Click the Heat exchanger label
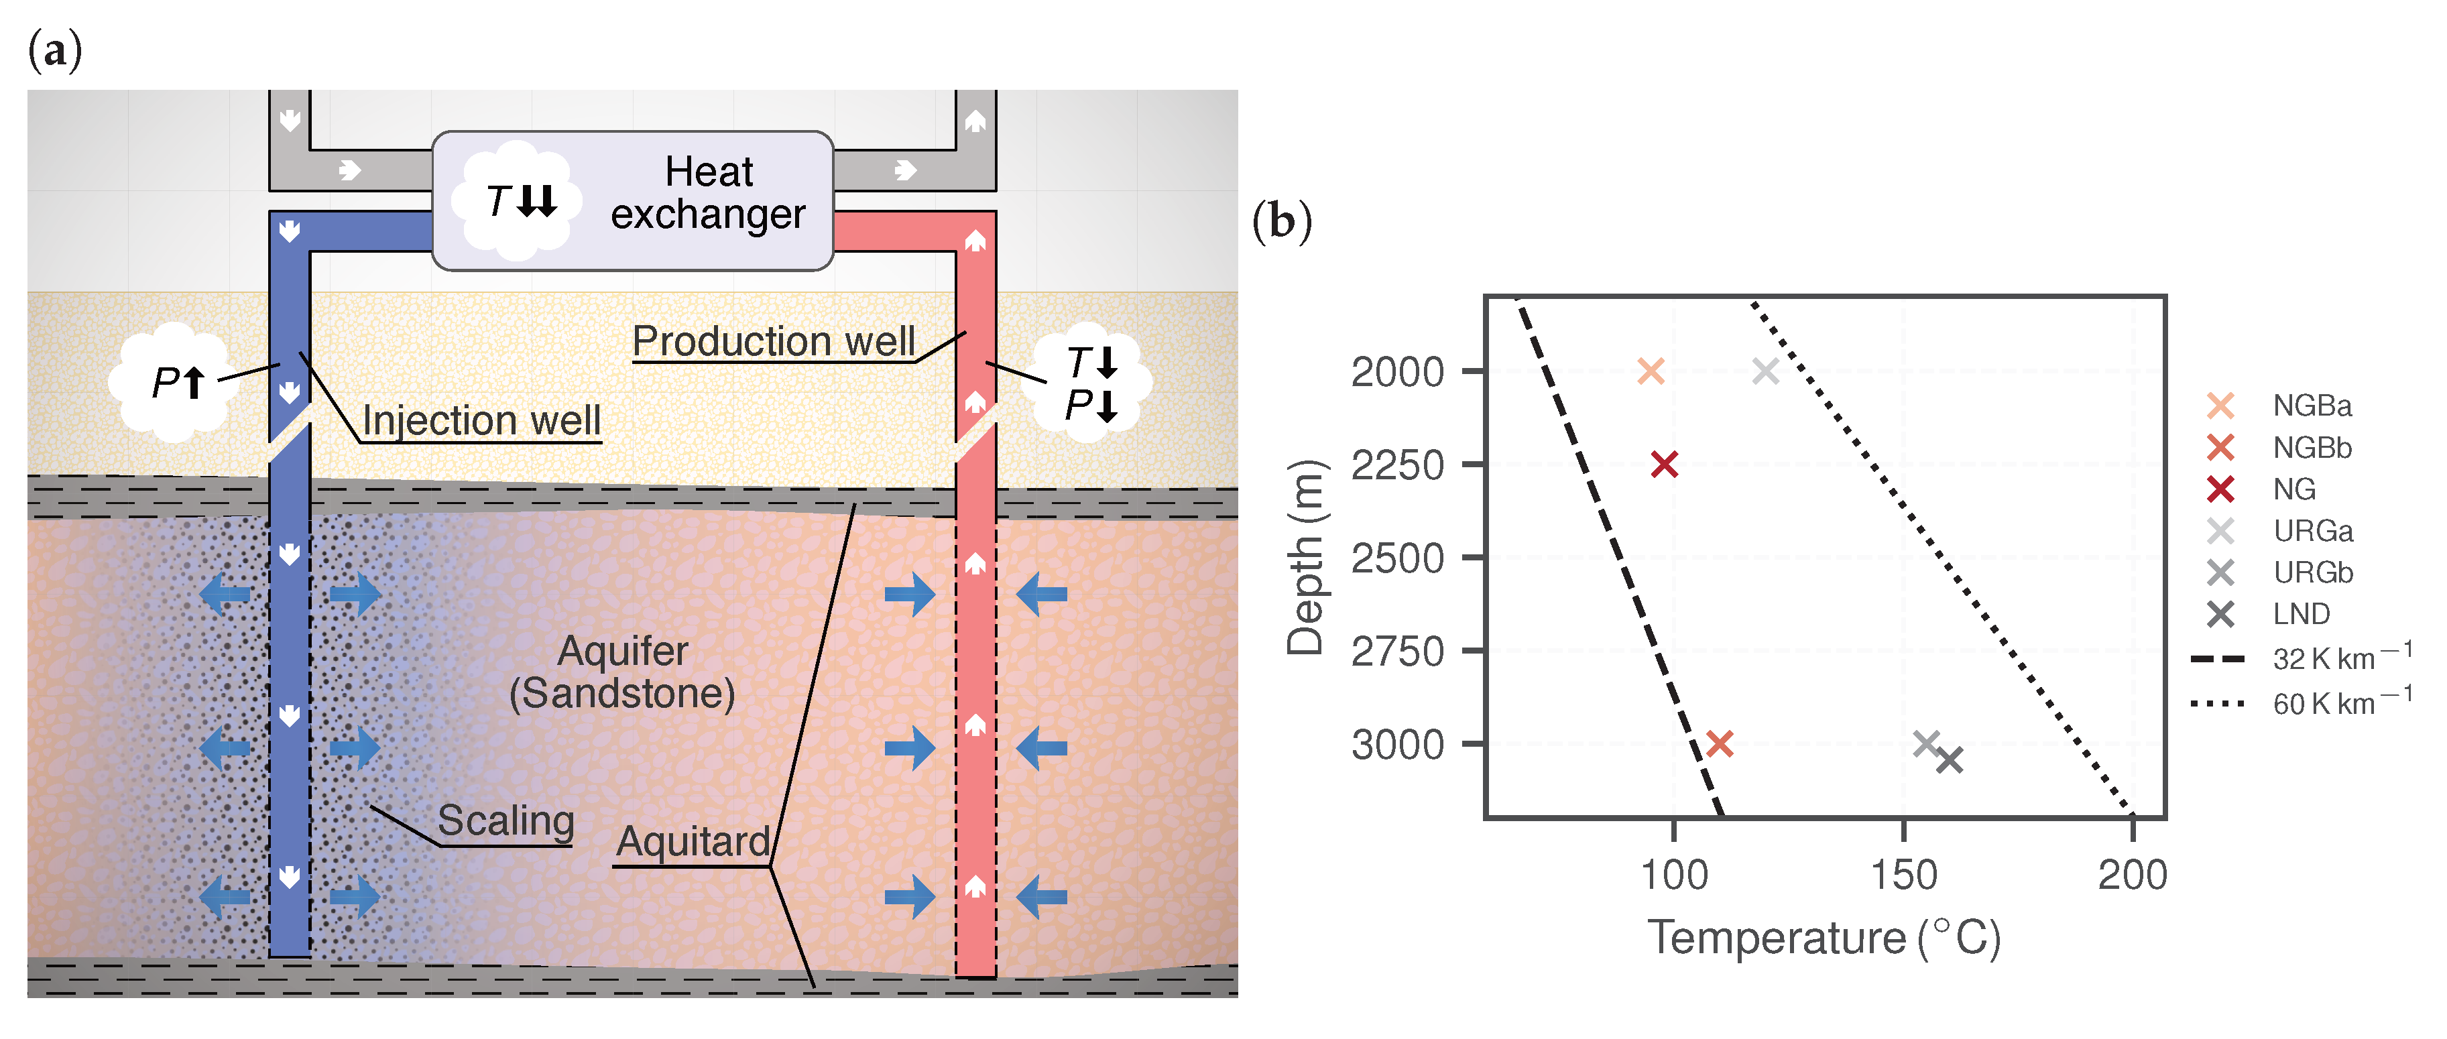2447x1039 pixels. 708,193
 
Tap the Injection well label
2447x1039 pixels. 481,420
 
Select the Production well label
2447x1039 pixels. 773,341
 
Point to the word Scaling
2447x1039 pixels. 505,820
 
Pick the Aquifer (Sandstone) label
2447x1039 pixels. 622,672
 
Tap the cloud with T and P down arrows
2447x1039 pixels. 1091,383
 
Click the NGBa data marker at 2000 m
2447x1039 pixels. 1651,371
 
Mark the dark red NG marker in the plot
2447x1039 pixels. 1664,465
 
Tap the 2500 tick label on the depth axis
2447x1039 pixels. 1397,558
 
